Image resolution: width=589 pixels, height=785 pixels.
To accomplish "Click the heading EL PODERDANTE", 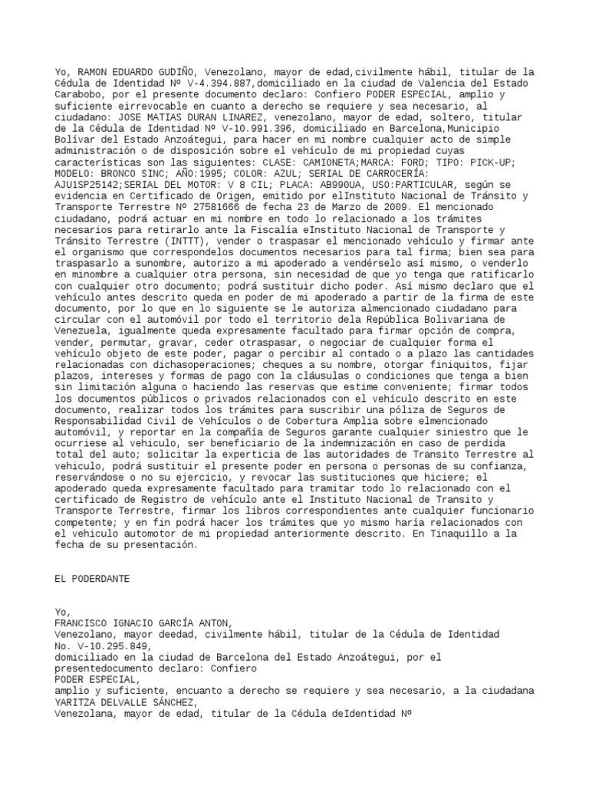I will (x=92, y=579).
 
